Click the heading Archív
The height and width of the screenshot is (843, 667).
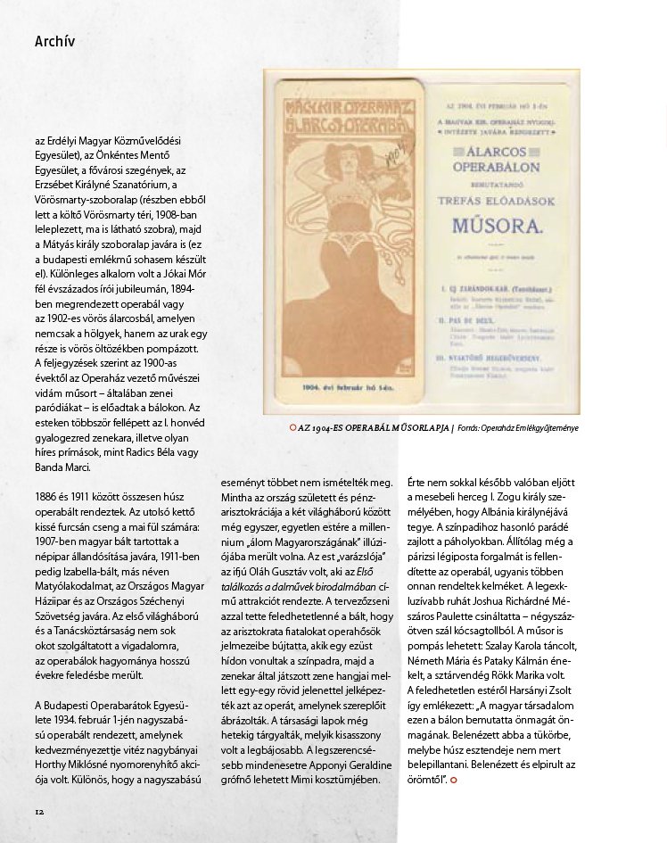(54, 41)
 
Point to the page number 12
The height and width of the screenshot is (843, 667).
(39, 811)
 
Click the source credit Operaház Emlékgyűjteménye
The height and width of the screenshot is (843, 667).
(530, 428)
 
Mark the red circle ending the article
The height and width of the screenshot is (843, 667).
(454, 781)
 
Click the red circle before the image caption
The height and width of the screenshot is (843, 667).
(293, 428)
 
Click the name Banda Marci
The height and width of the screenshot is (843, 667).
(63, 467)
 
